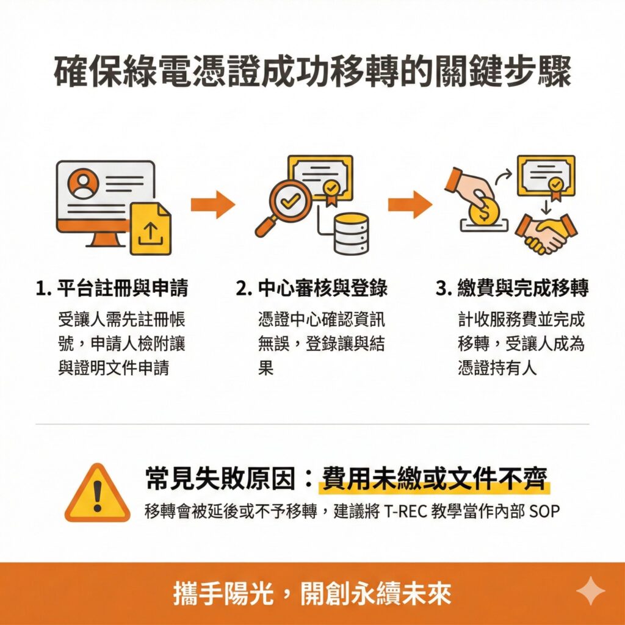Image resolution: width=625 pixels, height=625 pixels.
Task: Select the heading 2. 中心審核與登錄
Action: [312, 289]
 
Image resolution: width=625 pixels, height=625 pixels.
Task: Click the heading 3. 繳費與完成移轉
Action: [512, 289]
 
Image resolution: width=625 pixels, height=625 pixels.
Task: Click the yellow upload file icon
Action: [150, 229]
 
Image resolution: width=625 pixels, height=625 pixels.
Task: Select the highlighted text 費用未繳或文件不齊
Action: [434, 479]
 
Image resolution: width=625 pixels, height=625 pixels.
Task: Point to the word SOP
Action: [544, 511]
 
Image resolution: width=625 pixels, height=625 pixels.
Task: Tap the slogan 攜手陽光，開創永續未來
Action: [312, 594]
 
